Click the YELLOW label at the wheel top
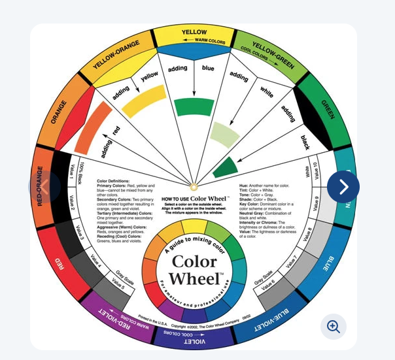[194, 32]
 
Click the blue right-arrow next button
[343, 187]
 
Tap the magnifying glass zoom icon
[334, 327]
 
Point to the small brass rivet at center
[194, 187]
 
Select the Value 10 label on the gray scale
[316, 172]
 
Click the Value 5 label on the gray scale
[119, 284]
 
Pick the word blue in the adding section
[208, 67]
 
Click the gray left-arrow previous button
[46, 187]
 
